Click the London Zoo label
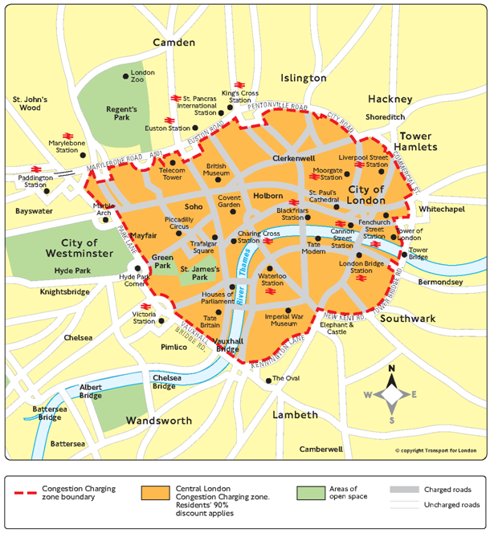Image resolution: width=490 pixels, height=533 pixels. [x=142, y=76]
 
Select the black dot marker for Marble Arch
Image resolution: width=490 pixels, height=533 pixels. [x=105, y=219]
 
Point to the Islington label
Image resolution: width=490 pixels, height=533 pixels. [x=303, y=78]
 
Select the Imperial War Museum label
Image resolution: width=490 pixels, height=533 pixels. [x=287, y=319]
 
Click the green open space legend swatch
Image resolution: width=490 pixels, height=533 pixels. [x=305, y=490]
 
